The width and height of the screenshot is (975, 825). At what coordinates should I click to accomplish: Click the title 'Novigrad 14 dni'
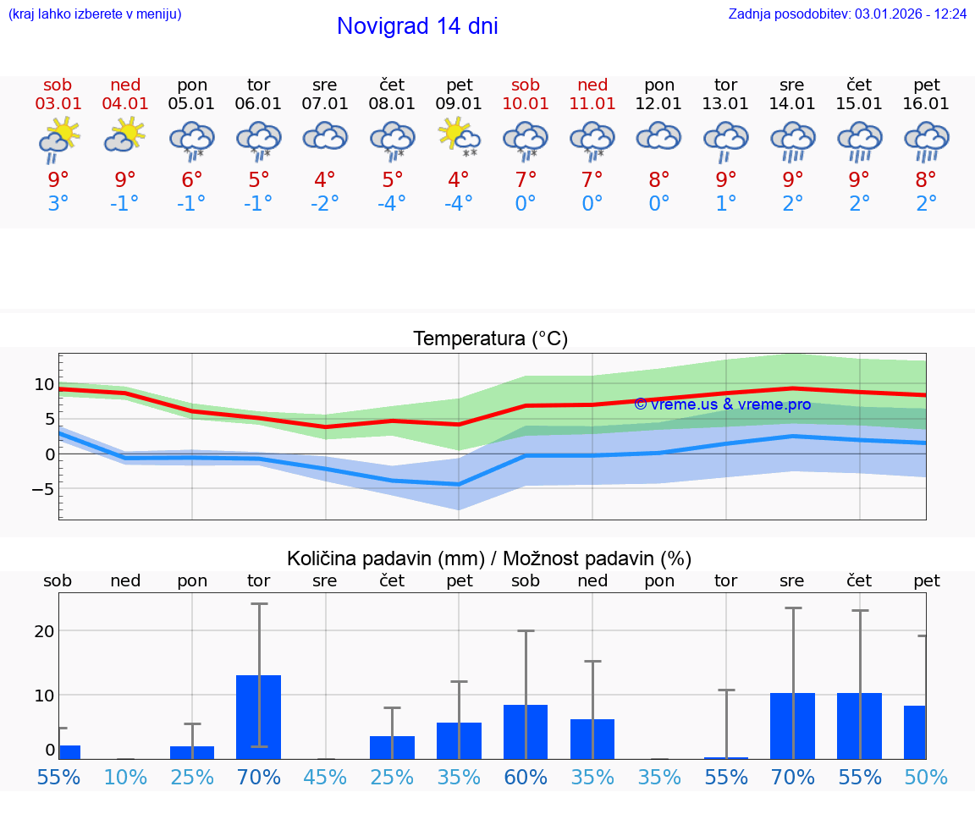click(417, 26)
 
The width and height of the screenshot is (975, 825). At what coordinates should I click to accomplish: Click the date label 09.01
click(459, 103)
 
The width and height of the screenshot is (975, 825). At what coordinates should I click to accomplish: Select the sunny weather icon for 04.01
click(125, 135)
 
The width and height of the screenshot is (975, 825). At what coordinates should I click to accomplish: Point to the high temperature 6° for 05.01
click(192, 179)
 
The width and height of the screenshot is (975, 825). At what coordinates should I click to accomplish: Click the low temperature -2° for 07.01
click(324, 203)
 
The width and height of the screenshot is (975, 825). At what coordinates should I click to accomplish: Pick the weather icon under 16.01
click(926, 140)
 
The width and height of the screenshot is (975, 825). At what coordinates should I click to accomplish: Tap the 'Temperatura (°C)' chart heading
click(490, 338)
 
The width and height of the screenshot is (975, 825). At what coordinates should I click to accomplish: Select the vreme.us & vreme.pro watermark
click(722, 404)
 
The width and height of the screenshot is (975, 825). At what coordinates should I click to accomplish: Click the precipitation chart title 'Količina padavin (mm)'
click(385, 558)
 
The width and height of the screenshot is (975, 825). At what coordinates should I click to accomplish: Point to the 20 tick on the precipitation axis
click(44, 630)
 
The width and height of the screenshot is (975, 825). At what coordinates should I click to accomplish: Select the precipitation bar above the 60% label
click(526, 731)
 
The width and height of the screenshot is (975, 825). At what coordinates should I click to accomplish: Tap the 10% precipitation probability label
click(125, 777)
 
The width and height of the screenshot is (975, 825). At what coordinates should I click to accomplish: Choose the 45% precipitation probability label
click(324, 777)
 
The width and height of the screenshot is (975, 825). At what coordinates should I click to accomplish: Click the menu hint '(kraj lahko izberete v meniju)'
click(95, 14)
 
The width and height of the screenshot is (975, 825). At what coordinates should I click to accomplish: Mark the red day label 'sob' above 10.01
click(526, 85)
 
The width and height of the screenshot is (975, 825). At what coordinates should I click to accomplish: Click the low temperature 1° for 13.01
click(725, 203)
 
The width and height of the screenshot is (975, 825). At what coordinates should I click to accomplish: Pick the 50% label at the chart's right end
click(926, 777)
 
